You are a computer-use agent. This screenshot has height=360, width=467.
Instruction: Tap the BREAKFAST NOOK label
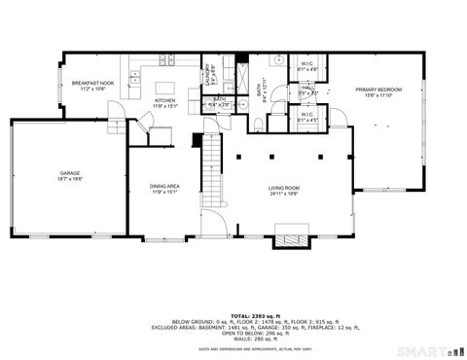(x=92, y=85)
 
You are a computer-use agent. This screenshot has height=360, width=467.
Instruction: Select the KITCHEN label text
(x=164, y=100)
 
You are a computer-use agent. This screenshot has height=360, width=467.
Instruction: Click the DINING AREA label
(x=163, y=186)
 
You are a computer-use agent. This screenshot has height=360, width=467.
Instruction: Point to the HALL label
(x=306, y=88)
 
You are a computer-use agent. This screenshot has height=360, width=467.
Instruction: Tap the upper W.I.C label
(x=306, y=65)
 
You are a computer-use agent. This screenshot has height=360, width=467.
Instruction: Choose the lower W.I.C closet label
(x=306, y=116)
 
